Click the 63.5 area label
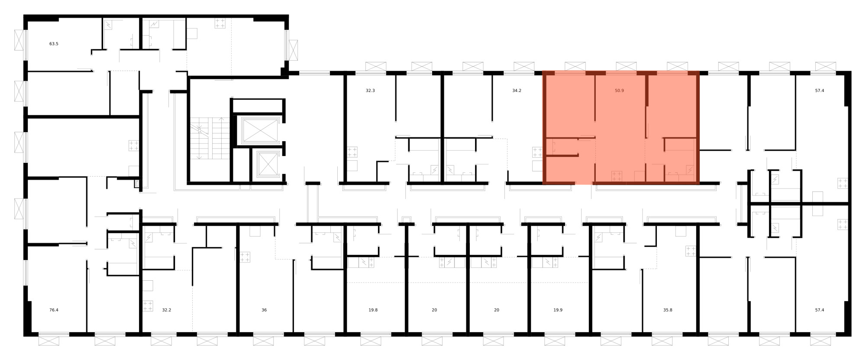[54, 44]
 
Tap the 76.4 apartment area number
[54, 310]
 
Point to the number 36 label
[264, 310]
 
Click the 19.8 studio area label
[373, 310]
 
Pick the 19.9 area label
[558, 310]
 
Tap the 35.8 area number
[668, 310]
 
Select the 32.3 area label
[370, 91]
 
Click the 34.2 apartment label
[517, 91]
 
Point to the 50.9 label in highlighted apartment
[619, 91]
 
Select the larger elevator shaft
[259, 130]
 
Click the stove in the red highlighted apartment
[617, 176]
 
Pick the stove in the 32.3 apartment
[352, 152]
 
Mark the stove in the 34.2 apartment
[537, 152]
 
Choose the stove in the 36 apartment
[245, 257]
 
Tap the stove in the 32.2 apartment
[148, 306]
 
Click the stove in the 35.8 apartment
[691, 251]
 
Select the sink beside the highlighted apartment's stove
[639, 176]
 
